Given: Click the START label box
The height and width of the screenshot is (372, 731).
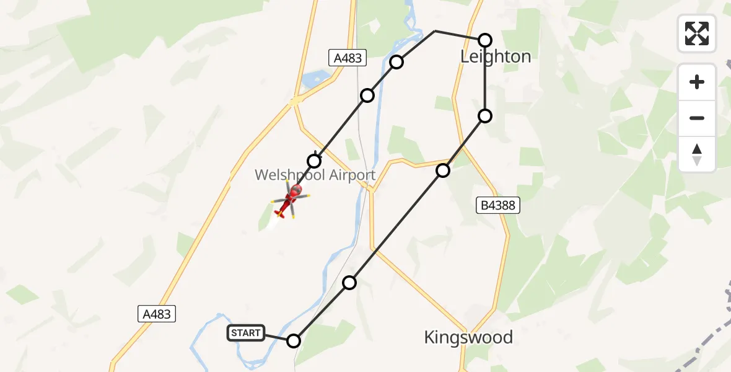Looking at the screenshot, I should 246,333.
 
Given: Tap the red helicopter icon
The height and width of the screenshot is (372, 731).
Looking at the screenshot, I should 290,200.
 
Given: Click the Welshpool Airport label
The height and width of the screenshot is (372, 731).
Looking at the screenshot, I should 315,175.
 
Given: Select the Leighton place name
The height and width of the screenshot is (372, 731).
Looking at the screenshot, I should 496,57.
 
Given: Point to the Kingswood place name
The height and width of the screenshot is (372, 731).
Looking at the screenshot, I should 468,337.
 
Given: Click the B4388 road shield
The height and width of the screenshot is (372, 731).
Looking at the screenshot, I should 497,206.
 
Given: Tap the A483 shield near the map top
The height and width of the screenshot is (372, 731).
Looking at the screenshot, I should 348,58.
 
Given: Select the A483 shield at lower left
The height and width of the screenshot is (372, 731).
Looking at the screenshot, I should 157,314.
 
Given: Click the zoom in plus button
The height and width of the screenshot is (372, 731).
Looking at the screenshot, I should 697,82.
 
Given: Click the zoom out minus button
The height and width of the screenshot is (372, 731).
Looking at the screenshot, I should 697,118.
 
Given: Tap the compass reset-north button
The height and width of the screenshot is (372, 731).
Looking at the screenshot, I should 697,154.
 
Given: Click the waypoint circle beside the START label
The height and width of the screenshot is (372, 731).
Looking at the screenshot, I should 294,340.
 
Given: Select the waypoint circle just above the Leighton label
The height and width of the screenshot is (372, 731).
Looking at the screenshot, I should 485,40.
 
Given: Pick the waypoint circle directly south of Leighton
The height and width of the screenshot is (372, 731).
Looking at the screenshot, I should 485,116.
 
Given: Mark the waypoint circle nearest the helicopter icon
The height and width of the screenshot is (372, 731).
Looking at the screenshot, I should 314,161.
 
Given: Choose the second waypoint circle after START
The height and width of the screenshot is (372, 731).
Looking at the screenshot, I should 443,170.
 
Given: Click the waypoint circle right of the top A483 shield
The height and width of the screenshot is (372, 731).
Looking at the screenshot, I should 397,62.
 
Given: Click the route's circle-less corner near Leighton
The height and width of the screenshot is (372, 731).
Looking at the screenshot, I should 435,30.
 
